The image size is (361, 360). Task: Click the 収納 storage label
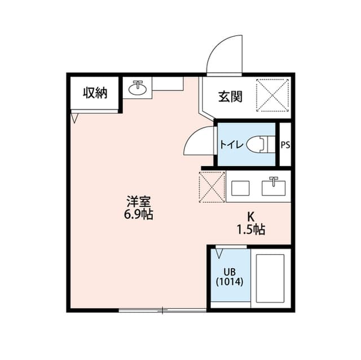pos(95,94)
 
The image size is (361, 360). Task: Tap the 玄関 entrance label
pos(230,96)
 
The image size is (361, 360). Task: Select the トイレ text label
pos(232,145)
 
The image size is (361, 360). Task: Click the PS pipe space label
pos(285,145)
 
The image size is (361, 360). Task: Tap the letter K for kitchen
pos(252,216)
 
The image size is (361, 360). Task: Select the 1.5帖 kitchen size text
pos(251,229)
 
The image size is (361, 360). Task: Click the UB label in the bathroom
pos(229,272)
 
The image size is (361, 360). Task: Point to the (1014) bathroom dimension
pos(230,282)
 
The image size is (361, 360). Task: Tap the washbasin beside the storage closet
pos(137,88)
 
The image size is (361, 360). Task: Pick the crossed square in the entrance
pos(273,94)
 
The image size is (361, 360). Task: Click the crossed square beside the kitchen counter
pos(212,185)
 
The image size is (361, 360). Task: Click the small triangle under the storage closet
pos(74,118)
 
